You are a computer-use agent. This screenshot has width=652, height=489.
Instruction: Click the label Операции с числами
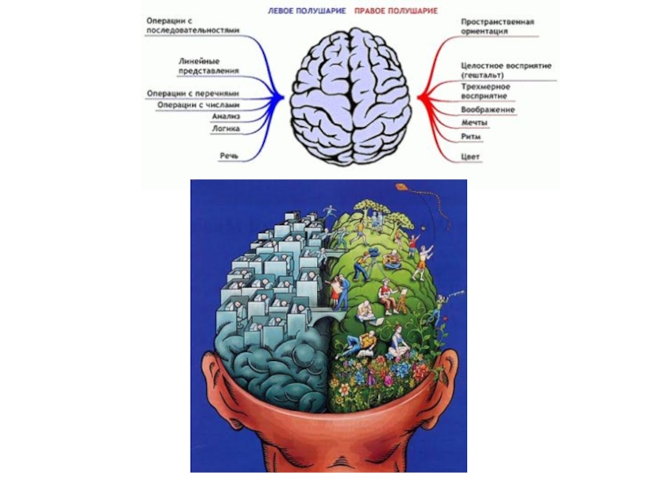(199, 104)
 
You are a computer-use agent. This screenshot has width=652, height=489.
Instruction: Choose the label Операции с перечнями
(192, 93)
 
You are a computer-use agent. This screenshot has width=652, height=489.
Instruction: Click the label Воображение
(487, 109)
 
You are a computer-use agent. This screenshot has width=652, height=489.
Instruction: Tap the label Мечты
(474, 122)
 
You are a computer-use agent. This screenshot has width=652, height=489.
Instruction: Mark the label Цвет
(470, 155)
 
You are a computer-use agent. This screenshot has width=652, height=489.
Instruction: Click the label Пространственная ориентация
(496, 26)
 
